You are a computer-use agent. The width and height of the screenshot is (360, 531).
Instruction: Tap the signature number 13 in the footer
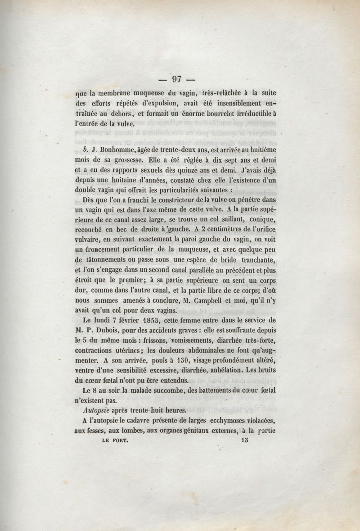pyautogui.click(x=245, y=442)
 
